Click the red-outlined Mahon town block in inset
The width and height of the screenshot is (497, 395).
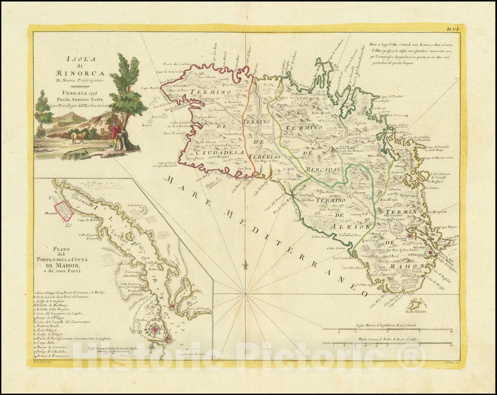point(64,210)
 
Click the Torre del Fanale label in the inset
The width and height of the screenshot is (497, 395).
point(198,308)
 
